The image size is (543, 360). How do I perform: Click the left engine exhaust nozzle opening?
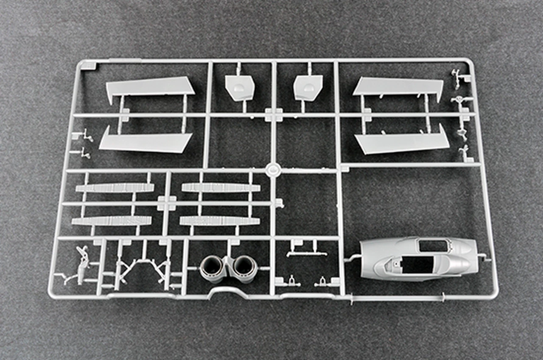[211, 265]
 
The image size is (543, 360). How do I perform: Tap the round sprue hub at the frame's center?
[272, 170]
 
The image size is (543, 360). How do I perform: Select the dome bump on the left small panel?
[238, 88]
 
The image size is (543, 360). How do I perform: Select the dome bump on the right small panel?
[309, 88]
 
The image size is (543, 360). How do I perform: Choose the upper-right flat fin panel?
[399, 87]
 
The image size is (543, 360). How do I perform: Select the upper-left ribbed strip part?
[115, 188]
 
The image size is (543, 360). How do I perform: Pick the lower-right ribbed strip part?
[220, 221]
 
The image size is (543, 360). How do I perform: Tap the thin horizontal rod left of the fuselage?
[352, 257]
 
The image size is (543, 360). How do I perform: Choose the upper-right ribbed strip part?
[221, 187]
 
